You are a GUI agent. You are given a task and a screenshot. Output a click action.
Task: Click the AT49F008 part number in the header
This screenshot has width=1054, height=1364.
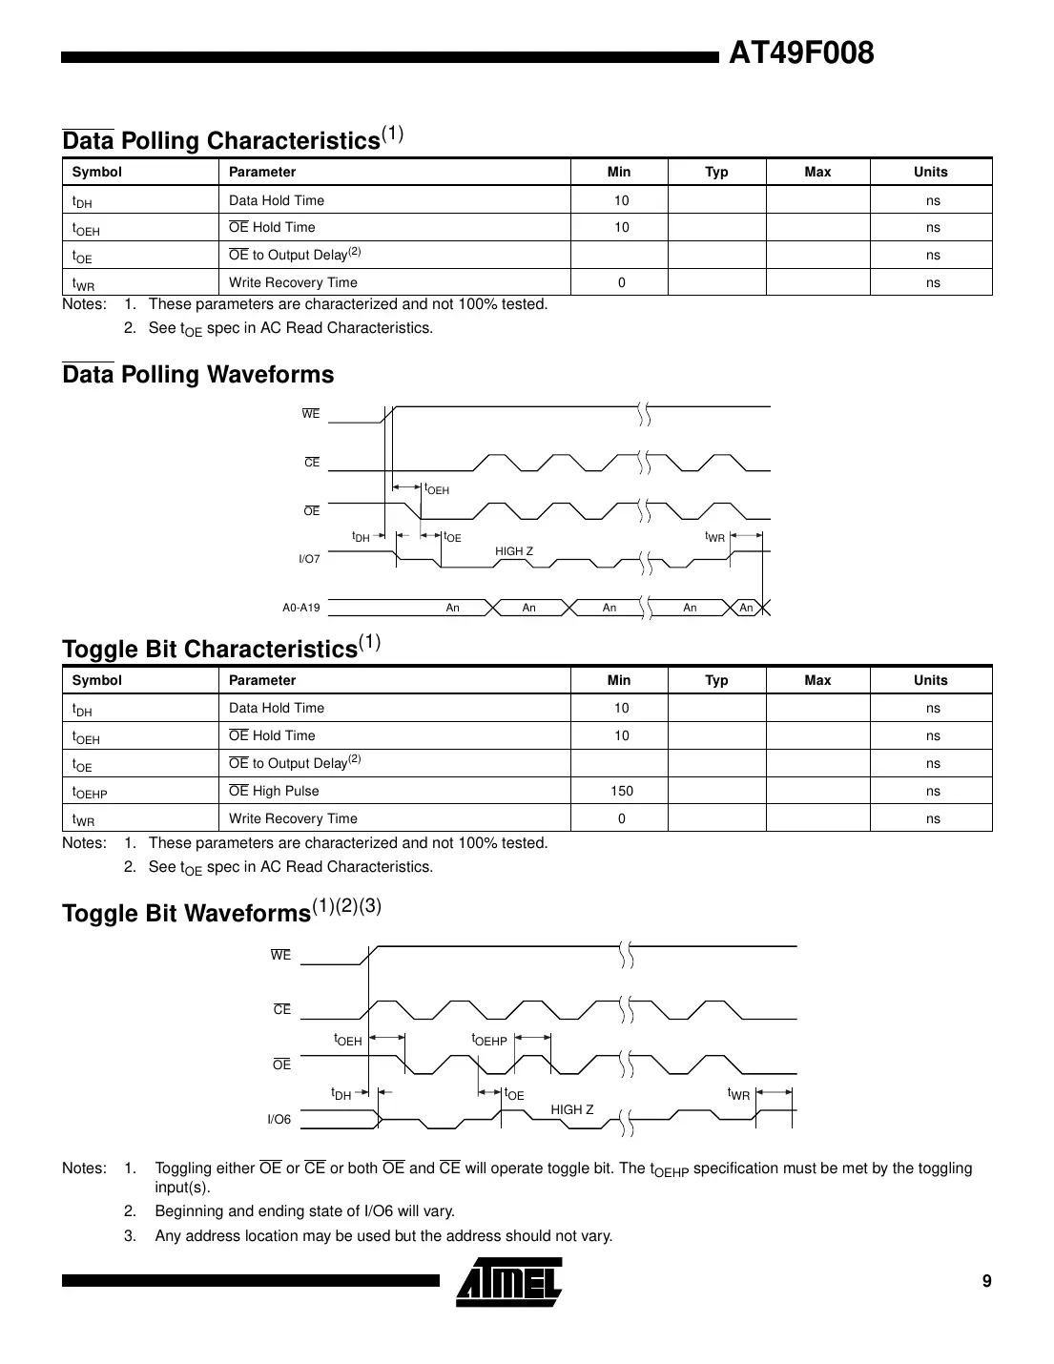pos(800,53)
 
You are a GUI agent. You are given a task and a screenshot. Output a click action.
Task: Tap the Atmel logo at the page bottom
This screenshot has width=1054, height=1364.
pos(509,1282)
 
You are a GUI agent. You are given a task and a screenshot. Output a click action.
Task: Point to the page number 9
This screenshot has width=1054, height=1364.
pos(987,1281)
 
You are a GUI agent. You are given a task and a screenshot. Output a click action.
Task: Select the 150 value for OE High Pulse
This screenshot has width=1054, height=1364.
pos(621,791)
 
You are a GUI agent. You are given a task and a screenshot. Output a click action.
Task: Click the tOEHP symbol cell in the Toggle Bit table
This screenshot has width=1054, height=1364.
pos(90,793)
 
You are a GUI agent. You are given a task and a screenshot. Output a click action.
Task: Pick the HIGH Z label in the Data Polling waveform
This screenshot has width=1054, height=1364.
pos(514,551)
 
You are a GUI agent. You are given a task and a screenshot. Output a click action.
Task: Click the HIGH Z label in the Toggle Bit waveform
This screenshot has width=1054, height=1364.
pos(571,1109)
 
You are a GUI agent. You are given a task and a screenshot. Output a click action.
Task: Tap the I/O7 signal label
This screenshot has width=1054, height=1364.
pos(309,559)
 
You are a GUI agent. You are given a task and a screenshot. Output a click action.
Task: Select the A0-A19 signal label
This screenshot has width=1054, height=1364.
pos(300,608)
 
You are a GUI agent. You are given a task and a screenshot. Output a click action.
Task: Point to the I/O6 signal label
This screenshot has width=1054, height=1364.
pos(279,1120)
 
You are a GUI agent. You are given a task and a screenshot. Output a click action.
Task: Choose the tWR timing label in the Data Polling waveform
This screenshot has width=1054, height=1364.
pos(714,537)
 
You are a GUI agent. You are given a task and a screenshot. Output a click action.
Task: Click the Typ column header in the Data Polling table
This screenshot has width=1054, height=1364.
pos(716,172)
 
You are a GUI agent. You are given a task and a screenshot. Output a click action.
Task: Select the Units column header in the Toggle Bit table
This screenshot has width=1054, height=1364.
pos(930,680)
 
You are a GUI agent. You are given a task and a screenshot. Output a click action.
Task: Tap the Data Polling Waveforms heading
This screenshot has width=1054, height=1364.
pos(198,375)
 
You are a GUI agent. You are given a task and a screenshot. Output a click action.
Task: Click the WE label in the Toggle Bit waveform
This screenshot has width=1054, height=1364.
pos(280,955)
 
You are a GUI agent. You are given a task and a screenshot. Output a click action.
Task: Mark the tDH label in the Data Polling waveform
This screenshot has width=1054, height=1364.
pos(361,537)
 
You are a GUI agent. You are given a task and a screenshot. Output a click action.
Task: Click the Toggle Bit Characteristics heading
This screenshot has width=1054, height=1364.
pos(210,649)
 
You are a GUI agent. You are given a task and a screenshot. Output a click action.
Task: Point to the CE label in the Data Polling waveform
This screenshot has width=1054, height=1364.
pos(312,463)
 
